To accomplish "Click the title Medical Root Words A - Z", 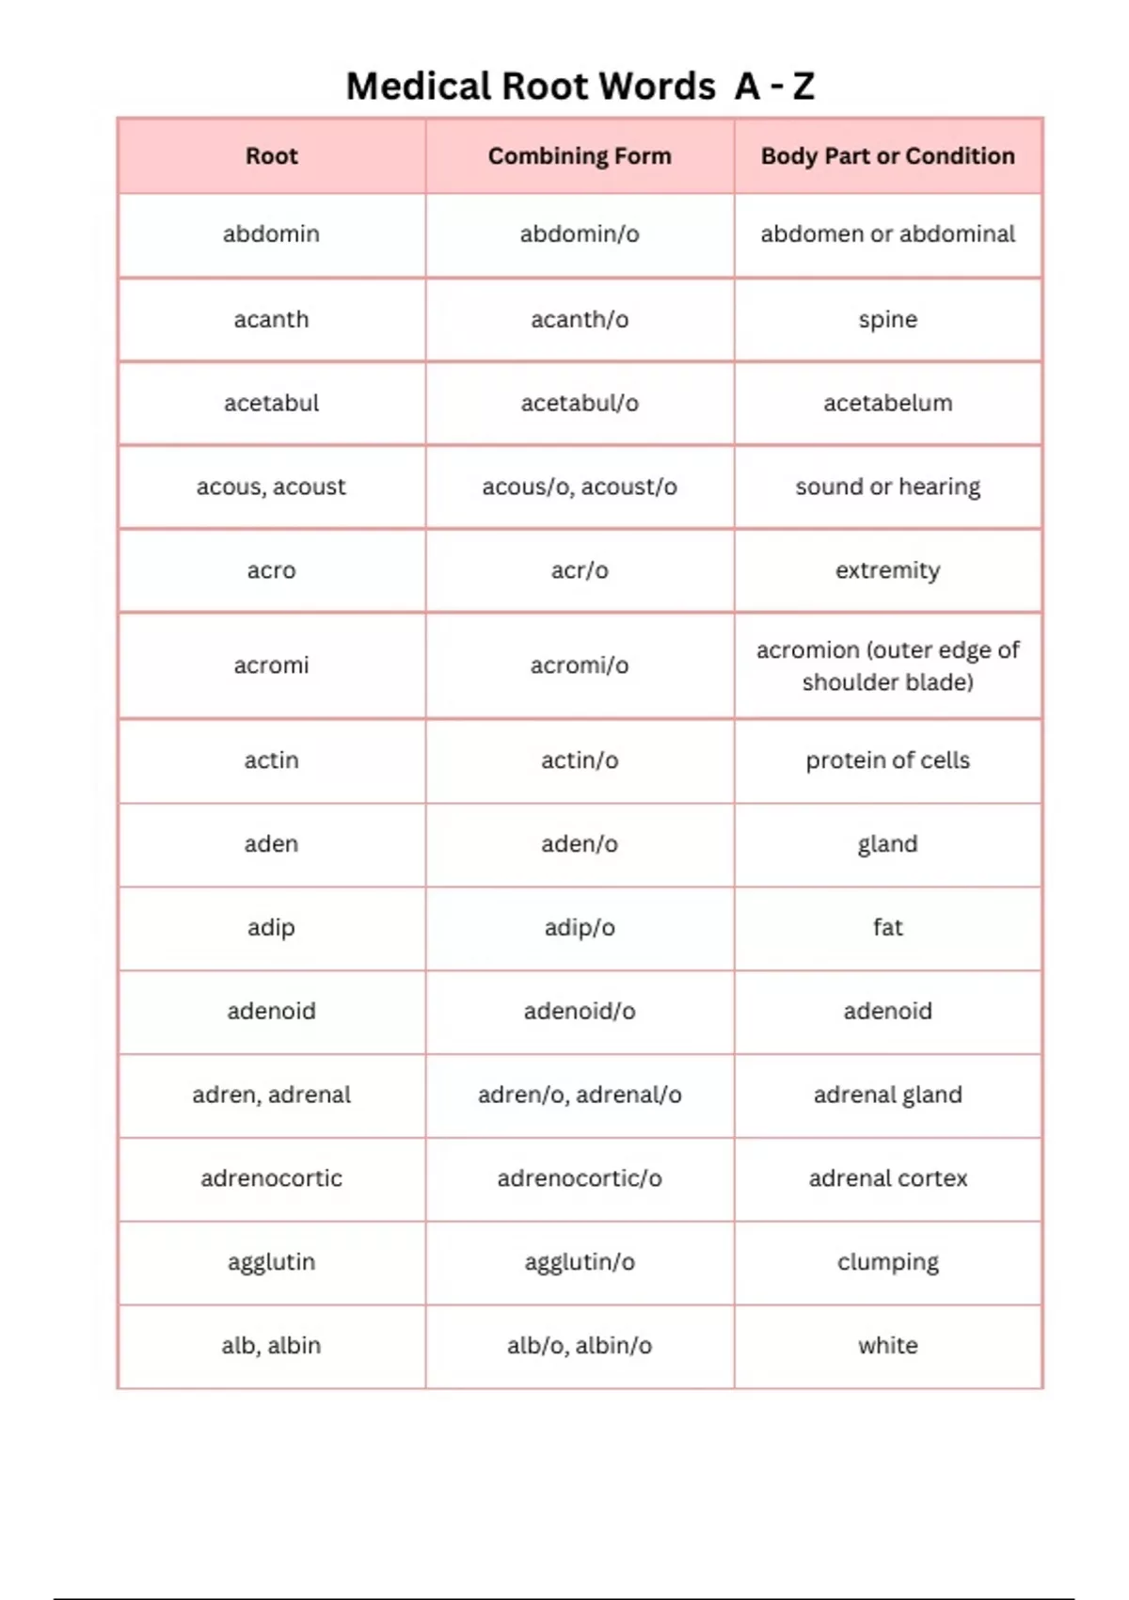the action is tap(580, 87).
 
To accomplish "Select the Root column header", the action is tap(271, 156).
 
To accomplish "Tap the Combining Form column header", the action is tap(580, 156).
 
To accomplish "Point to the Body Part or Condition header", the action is tap(887, 156).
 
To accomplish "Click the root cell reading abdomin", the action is tap(271, 233).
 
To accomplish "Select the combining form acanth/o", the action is tap(580, 320).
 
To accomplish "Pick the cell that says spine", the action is tap(887, 320).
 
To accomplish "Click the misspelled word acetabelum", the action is tap(887, 404).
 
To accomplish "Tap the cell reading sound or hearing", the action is tap(887, 487).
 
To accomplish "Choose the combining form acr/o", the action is tap(580, 570).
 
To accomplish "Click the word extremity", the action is tap(887, 570).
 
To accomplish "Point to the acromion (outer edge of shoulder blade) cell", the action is tap(887, 665).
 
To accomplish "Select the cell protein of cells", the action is tap(887, 760).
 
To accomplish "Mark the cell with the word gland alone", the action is tap(887, 844).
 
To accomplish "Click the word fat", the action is tap(887, 928).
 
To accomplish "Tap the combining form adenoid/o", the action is tap(580, 1012).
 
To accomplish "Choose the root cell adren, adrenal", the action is tap(271, 1095).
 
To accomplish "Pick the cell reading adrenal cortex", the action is tap(887, 1178).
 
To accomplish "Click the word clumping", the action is tap(887, 1262).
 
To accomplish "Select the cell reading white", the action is tap(887, 1346).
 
